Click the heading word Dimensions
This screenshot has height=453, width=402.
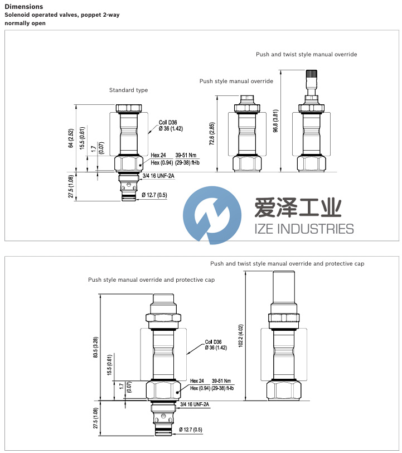[x=23, y=7]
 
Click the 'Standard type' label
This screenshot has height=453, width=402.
[x=128, y=90]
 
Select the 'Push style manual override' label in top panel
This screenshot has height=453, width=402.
[x=236, y=81]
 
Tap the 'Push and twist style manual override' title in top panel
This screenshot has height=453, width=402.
[x=306, y=55]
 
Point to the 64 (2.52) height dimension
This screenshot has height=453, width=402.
[x=71, y=138]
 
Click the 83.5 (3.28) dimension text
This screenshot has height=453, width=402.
[x=96, y=348]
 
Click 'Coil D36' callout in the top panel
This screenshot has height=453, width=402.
[x=167, y=122]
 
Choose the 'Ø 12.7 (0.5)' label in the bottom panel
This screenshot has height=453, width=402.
[x=190, y=429]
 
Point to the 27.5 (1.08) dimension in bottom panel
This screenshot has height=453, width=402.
[x=96, y=418]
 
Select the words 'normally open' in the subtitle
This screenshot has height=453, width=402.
[x=25, y=23]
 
